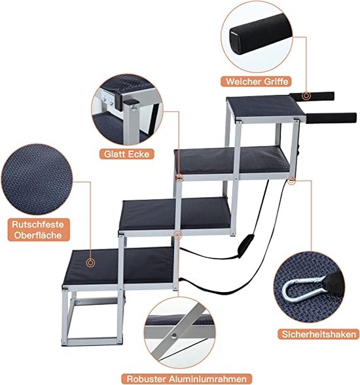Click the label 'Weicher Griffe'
pos(257,81)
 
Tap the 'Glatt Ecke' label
pos(126,154)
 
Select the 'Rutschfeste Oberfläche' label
pos(39,230)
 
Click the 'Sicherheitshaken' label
pos(319,334)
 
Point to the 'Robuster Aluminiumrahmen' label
pos(187,378)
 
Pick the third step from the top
pos(175,213)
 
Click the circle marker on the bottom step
pos(90,263)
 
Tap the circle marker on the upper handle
pos(306,96)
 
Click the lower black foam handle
pos(331,119)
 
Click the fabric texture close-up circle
pos(37,179)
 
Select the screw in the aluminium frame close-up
pos(174,335)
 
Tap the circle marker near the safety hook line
pos(291,181)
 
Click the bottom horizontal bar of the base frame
pos(92,342)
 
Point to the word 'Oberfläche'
pos(38,235)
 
